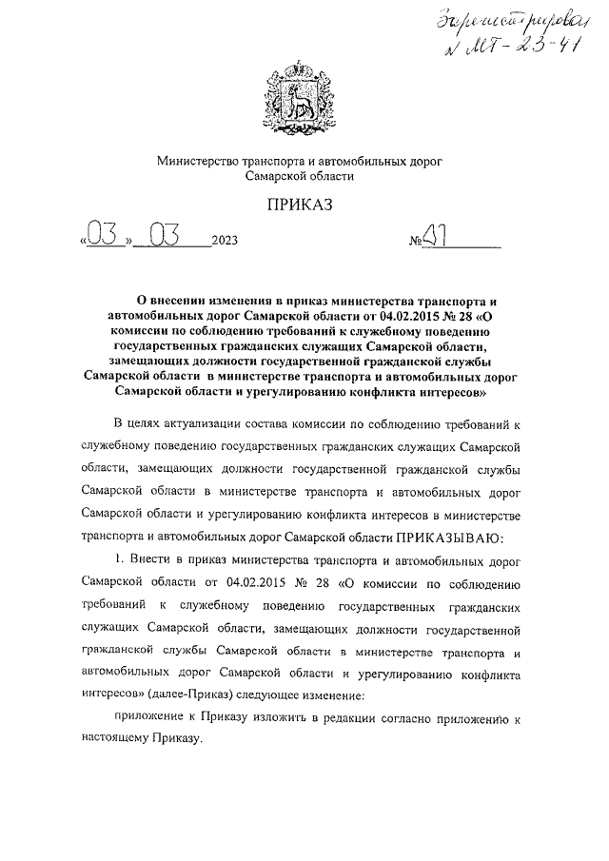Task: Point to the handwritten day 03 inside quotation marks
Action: click(x=103, y=234)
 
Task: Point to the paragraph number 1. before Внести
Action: click(x=119, y=559)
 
